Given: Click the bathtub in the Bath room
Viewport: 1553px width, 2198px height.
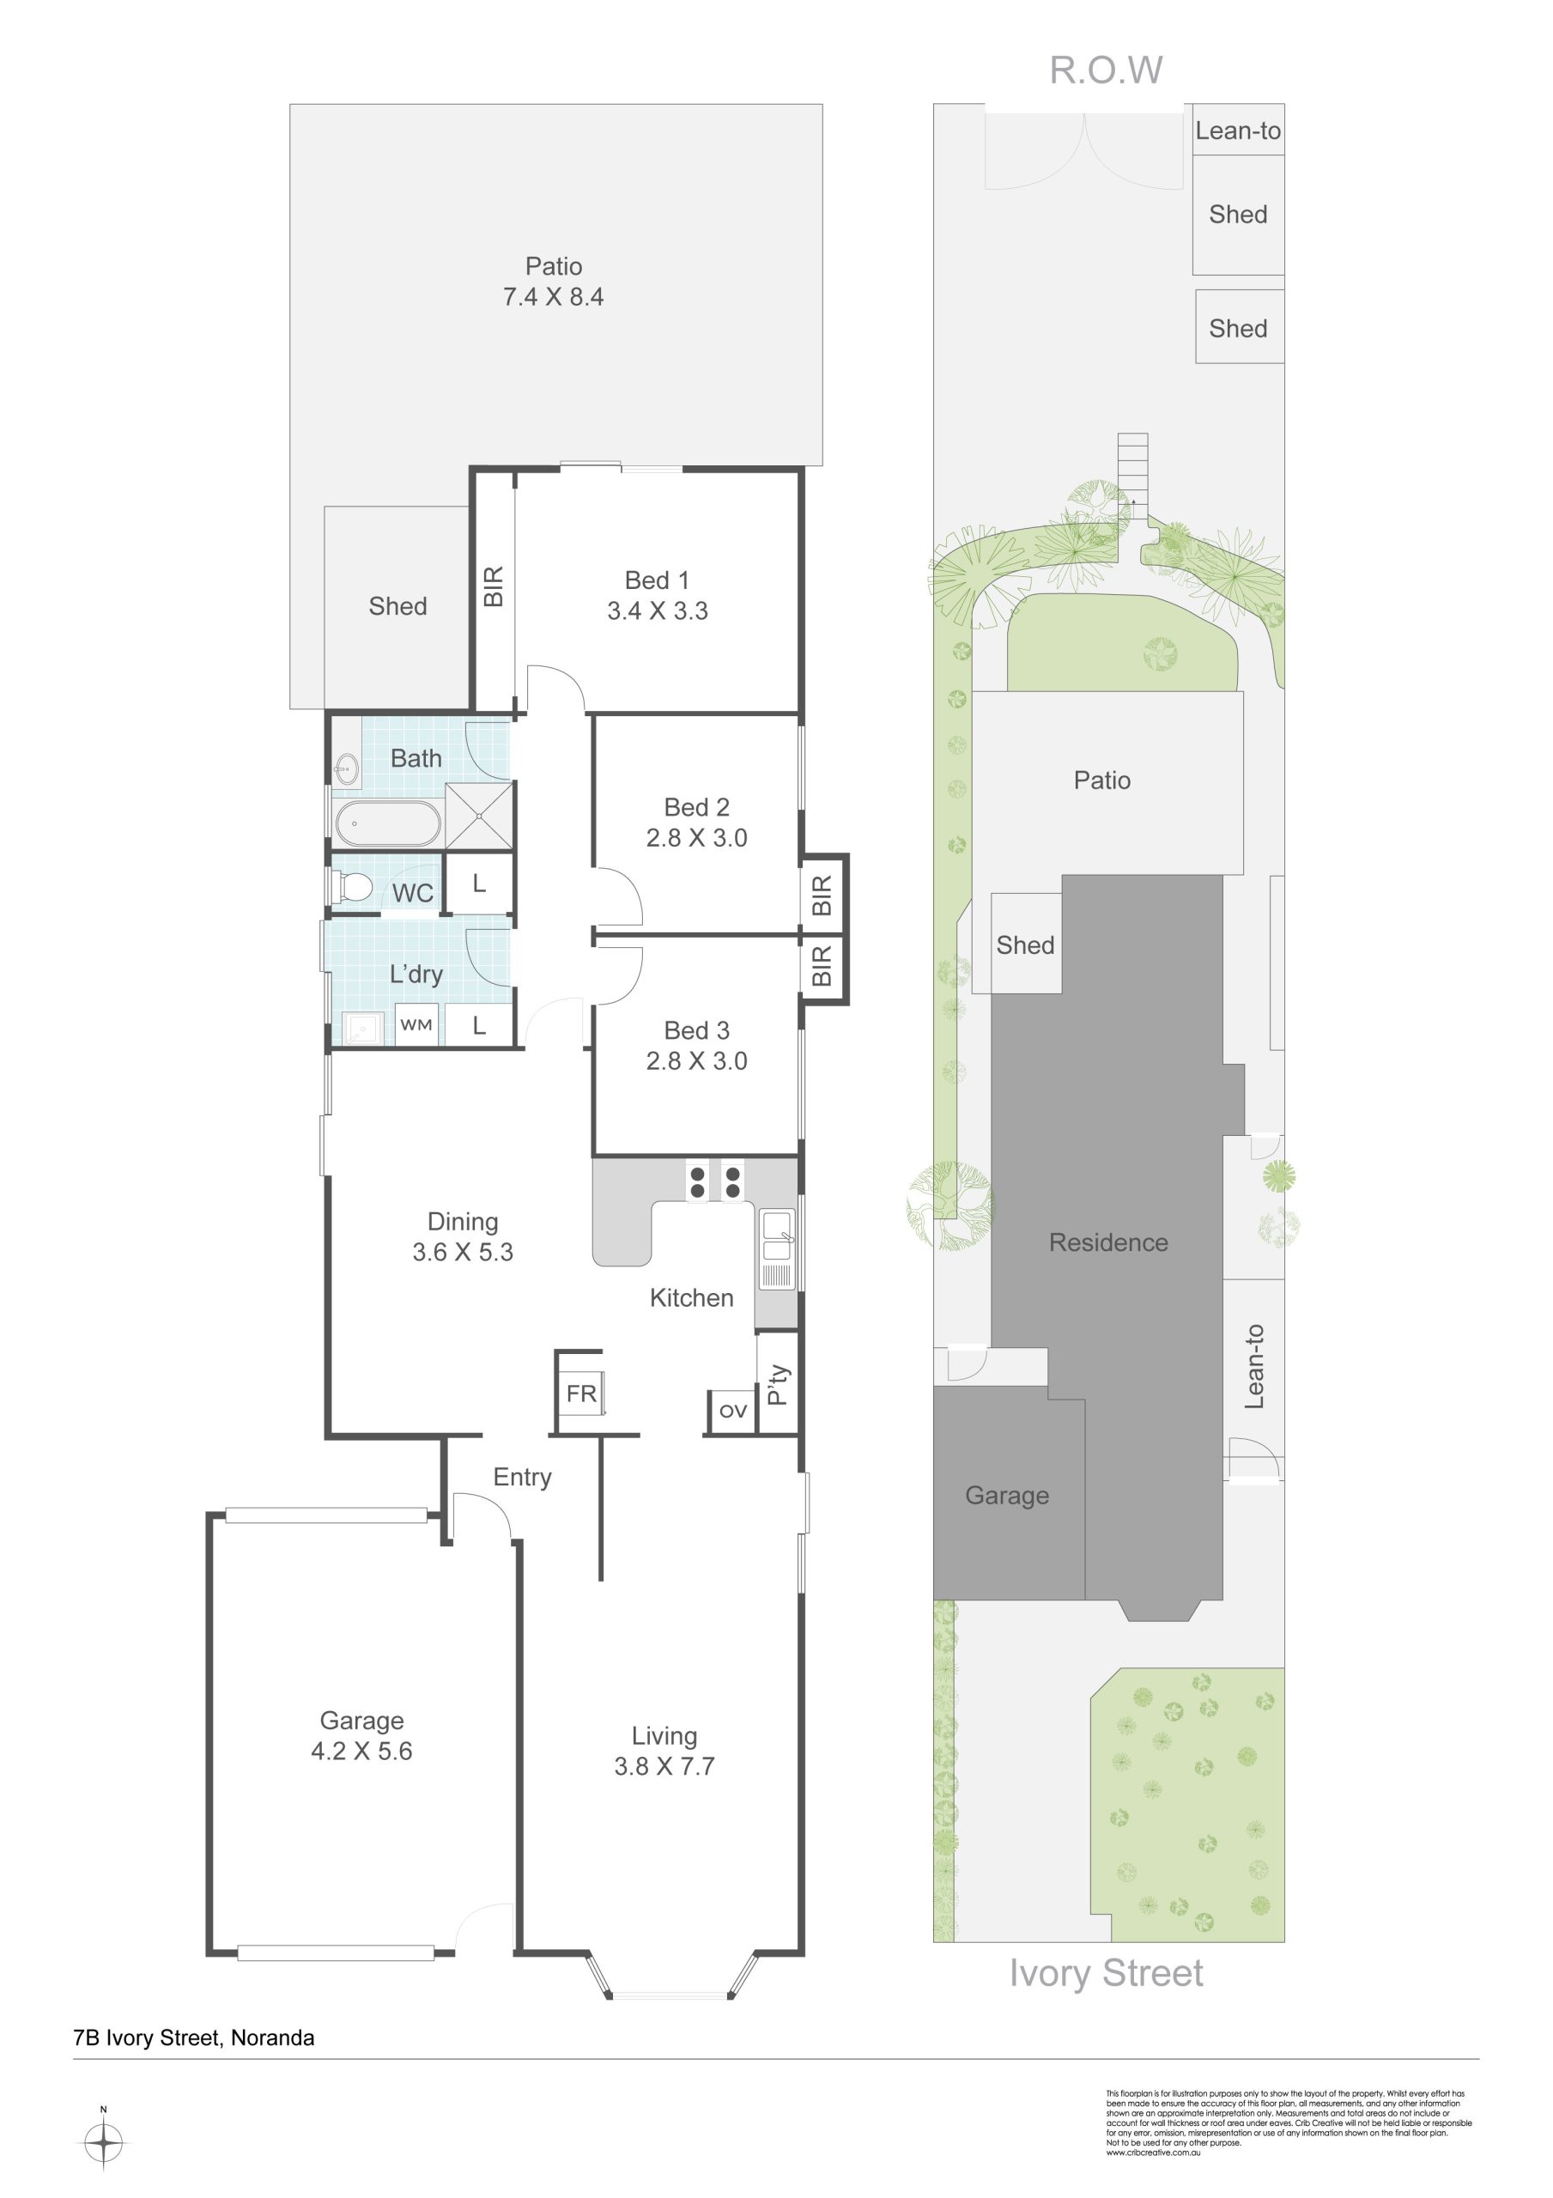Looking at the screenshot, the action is (388, 823).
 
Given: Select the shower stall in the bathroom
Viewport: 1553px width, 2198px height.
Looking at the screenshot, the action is (479, 815).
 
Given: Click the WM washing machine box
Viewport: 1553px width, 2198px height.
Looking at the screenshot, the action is (416, 1024).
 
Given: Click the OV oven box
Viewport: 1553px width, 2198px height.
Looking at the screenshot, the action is (732, 1411).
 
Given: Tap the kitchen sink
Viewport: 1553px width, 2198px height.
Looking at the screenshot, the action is (778, 1249).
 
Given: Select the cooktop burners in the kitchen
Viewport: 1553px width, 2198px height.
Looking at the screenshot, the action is (714, 1181).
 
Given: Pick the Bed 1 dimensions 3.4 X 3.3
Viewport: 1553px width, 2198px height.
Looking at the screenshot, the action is (658, 610).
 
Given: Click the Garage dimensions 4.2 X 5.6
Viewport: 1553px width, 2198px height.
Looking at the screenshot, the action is (362, 1751).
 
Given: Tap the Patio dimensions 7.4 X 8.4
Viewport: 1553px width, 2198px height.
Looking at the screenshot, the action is (554, 297).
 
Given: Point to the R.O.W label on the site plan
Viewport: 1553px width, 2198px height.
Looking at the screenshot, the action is (1106, 70).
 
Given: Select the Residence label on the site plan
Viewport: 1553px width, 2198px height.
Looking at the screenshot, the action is (1109, 1242).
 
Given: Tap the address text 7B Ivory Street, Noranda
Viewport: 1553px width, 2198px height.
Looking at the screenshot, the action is (194, 2037).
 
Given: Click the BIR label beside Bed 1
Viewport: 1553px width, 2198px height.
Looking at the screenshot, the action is (493, 586).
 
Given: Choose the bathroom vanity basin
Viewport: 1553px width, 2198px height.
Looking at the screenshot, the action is (347, 768).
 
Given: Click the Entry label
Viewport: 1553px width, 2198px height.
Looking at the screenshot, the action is (523, 1477).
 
